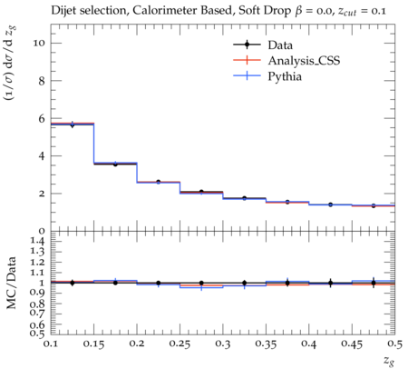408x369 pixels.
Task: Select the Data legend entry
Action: point(263,45)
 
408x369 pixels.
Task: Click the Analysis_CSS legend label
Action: point(304,61)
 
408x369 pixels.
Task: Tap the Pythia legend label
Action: point(285,76)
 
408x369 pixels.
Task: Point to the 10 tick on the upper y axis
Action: point(39,43)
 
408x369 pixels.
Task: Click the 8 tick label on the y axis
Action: point(42,81)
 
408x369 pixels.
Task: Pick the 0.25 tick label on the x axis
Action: point(180,344)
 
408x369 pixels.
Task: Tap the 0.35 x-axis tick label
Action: point(266,344)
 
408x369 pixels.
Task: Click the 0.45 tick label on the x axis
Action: point(352,344)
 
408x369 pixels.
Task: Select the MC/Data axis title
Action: point(12,283)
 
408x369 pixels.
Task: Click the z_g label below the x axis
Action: point(389,361)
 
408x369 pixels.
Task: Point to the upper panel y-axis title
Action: point(10,64)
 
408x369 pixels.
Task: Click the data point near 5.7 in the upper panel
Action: point(73,125)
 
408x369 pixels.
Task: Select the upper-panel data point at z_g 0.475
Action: point(374,205)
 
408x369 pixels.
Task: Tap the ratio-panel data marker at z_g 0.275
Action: point(201,283)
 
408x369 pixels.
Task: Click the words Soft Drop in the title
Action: point(265,11)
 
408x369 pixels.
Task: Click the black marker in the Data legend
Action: point(247,45)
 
